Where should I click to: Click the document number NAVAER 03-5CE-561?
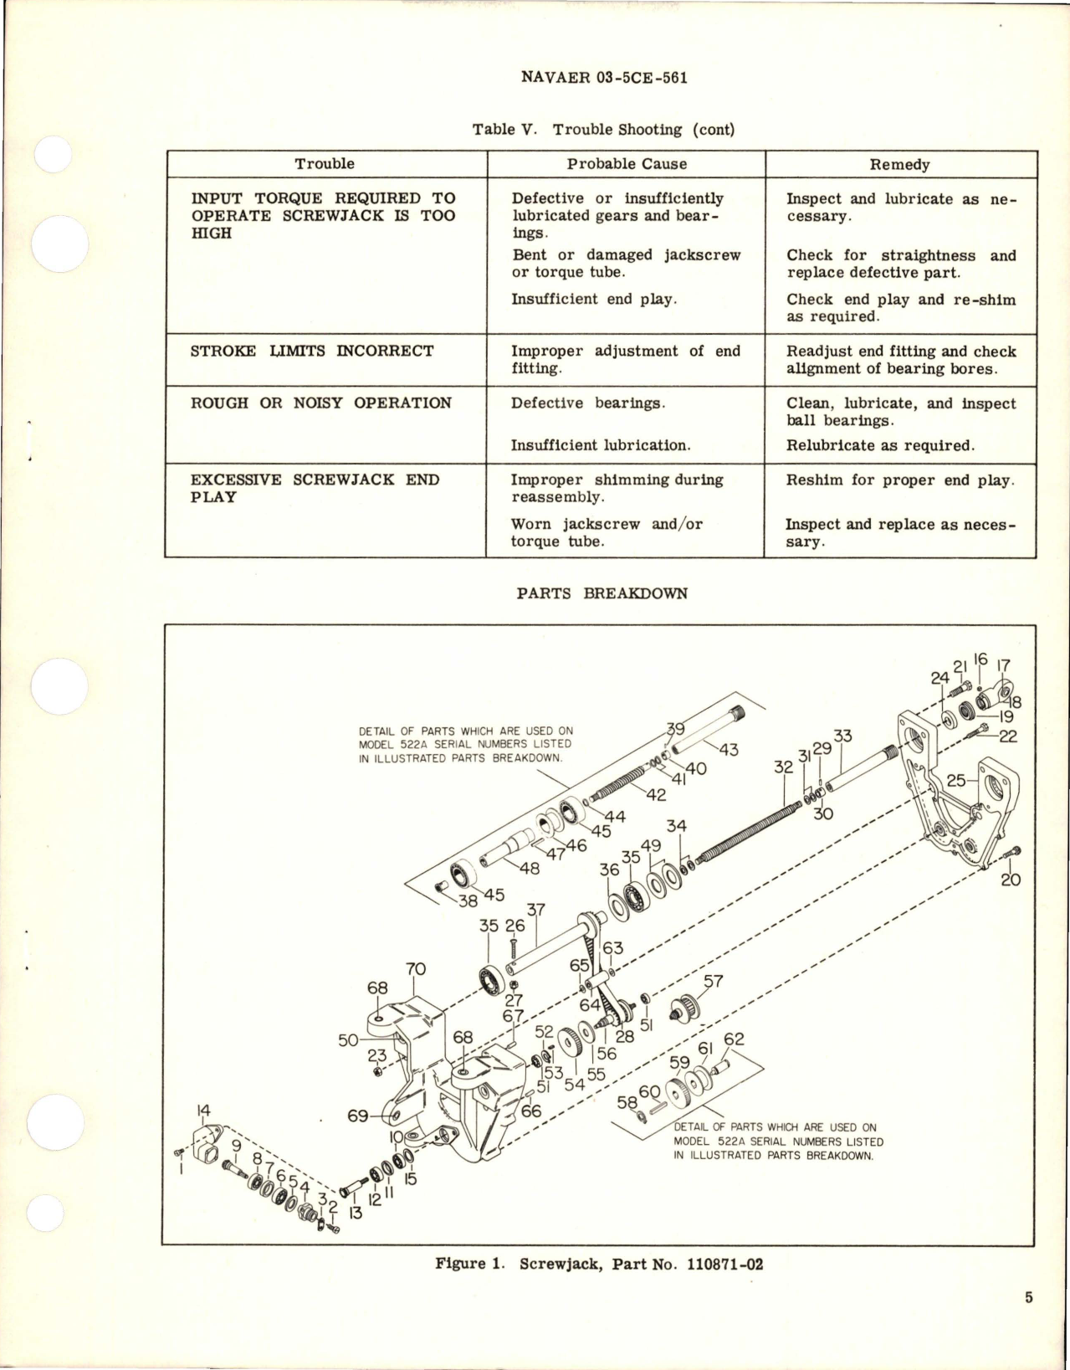(604, 78)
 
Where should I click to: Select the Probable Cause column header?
(627, 164)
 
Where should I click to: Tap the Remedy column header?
(900, 165)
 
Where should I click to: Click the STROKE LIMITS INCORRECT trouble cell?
(312, 351)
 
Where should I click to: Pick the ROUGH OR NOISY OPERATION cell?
(321, 403)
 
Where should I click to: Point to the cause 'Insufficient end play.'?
(593, 299)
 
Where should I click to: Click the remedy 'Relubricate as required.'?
(880, 445)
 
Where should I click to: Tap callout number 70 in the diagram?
(416, 969)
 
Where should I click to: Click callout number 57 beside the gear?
(714, 982)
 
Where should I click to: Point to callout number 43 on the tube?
(729, 749)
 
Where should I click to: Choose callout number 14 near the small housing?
(202, 1111)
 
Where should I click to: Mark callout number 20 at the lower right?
(1011, 880)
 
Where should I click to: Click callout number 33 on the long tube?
(842, 736)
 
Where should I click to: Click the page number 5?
(1028, 1321)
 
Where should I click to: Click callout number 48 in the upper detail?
(529, 868)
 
